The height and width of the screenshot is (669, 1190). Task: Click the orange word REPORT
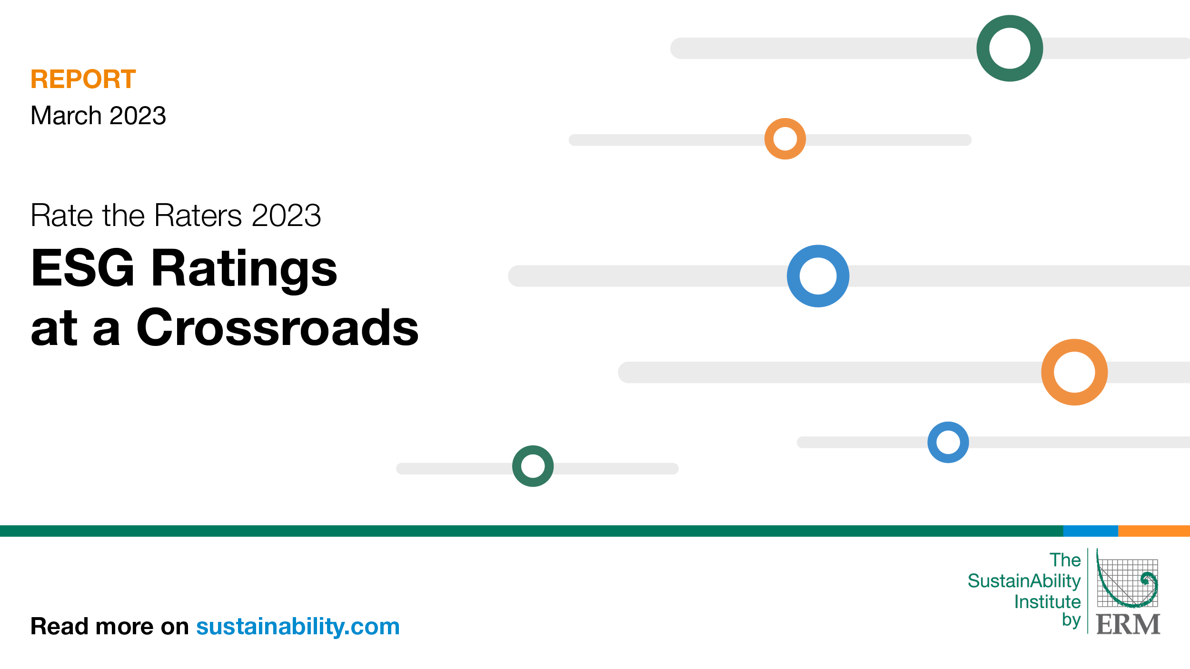tap(83, 79)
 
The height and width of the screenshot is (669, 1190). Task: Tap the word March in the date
tap(66, 116)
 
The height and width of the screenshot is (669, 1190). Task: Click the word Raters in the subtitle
tap(198, 216)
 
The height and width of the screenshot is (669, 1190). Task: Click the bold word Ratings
tap(244, 269)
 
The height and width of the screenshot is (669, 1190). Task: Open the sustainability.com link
tap(298, 626)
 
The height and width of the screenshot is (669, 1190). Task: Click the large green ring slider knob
tap(1010, 49)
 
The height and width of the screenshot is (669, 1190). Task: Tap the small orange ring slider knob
tap(785, 139)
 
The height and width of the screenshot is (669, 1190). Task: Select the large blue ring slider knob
tap(818, 276)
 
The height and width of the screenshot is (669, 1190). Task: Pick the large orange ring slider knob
tap(1074, 372)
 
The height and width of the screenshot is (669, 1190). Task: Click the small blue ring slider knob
tap(948, 442)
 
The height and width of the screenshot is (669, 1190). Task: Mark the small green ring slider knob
tap(533, 466)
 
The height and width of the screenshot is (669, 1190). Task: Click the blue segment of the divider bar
tap(1090, 531)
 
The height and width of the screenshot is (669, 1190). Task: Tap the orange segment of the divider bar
tap(1154, 531)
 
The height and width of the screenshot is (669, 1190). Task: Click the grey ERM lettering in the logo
tap(1128, 624)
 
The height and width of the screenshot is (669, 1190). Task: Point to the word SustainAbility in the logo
tap(1024, 581)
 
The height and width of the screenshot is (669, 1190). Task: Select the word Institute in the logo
tap(1047, 602)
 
